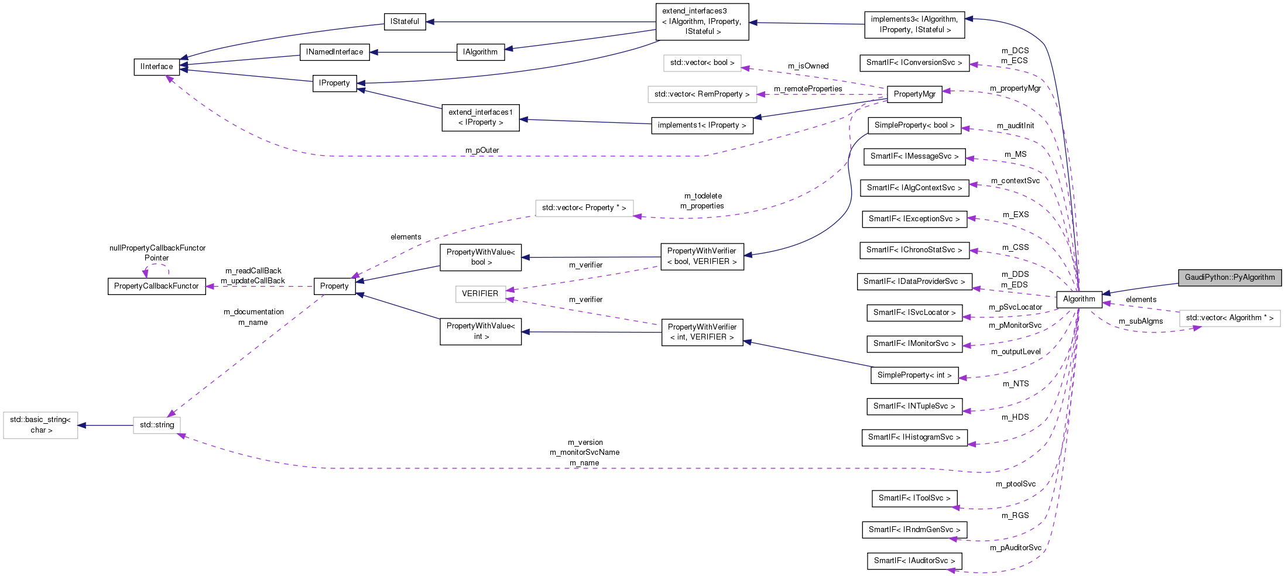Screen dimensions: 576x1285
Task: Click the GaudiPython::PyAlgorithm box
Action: tap(1229, 277)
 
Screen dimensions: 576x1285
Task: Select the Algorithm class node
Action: tap(1078, 299)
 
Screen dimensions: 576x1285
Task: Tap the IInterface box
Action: tap(156, 67)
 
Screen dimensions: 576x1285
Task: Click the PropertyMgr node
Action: tap(914, 94)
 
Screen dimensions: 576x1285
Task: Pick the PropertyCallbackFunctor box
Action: tap(156, 286)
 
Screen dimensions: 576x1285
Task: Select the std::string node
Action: tap(156, 425)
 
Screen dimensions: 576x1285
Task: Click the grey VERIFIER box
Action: tap(480, 294)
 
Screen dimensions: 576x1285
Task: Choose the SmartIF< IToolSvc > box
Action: tap(914, 498)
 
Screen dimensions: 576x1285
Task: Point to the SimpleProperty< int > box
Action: tap(914, 375)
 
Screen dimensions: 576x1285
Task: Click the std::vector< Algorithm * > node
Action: tap(1229, 318)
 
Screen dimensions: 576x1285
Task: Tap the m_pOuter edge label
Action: tap(482, 150)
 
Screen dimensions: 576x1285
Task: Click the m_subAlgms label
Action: tap(1140, 321)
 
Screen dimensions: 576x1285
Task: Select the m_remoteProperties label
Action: tap(808, 89)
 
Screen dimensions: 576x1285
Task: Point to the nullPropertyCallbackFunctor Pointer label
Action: tap(157, 253)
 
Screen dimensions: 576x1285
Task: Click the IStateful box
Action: tap(405, 22)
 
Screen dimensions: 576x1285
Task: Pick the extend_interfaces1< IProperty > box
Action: tap(480, 118)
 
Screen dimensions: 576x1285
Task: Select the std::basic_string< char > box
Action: tap(40, 425)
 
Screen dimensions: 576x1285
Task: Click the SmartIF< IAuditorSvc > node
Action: tap(914, 561)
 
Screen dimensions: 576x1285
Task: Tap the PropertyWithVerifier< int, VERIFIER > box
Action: tap(702, 332)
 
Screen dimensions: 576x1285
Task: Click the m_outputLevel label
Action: tap(1015, 352)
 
